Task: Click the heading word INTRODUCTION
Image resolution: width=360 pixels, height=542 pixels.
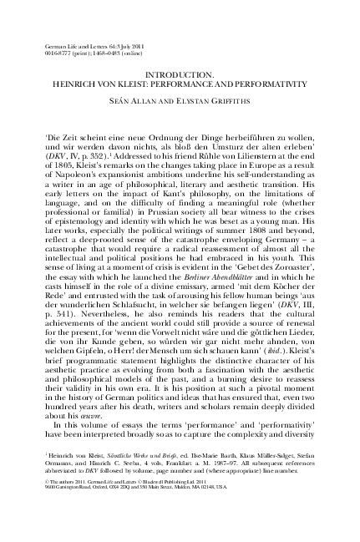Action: (180, 75)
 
